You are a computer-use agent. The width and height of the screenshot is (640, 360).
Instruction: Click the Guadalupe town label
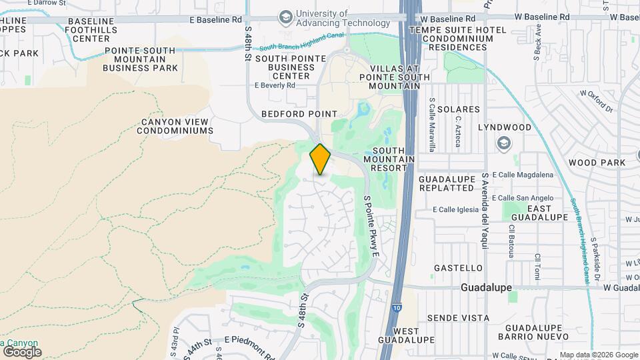(486, 287)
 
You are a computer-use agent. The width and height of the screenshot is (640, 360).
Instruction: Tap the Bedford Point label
(299, 114)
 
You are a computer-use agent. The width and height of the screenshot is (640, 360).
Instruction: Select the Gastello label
(458, 268)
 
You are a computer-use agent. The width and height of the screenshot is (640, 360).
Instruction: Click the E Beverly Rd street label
(275, 85)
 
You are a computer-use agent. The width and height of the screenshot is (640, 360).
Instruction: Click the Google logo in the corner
(21, 351)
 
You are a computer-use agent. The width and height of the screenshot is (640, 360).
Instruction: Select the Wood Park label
(597, 163)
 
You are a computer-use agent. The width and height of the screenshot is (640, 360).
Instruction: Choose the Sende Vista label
(458, 318)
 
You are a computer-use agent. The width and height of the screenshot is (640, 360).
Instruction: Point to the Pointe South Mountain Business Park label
(140, 59)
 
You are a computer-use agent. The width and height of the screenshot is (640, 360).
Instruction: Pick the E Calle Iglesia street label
(455, 209)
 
